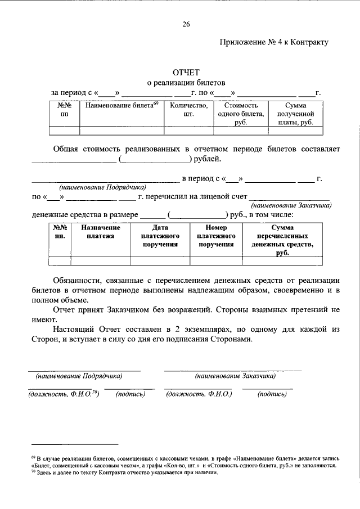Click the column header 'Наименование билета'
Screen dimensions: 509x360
[x=121, y=105]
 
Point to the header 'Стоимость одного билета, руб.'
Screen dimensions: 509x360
[x=241, y=114]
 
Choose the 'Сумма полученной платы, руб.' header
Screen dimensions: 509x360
[x=295, y=114]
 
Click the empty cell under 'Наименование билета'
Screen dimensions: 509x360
[x=121, y=131]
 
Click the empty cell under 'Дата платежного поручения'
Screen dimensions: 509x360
[x=160, y=260]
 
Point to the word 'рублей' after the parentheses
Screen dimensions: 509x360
[x=208, y=160]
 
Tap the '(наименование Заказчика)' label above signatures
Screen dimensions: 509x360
[x=235, y=375]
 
